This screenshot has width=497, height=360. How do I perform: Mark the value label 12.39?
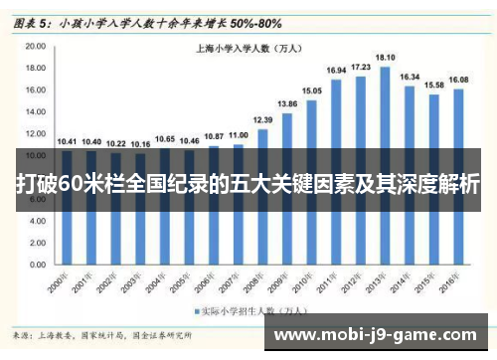(x=262, y=120)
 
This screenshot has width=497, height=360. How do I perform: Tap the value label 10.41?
(x=67, y=141)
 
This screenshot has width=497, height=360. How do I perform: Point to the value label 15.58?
(x=434, y=85)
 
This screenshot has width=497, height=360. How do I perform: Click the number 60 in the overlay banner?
(x=73, y=185)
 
